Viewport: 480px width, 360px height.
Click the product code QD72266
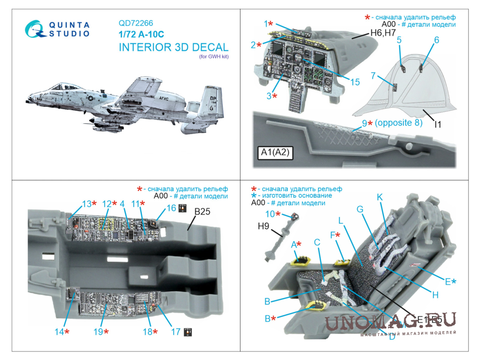pos(136,23)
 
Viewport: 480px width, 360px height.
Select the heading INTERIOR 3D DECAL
pos(173,48)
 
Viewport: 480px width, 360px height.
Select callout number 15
pos(354,82)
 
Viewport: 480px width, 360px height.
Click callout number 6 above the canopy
pos(436,40)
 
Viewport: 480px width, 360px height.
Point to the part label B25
pos(202,212)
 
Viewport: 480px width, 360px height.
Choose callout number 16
pos(171,208)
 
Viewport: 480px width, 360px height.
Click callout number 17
pos(175,332)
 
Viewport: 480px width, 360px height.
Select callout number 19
pos(98,332)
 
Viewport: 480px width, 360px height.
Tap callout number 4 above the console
pos(122,204)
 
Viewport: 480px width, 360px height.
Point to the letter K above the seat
pos(380,198)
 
